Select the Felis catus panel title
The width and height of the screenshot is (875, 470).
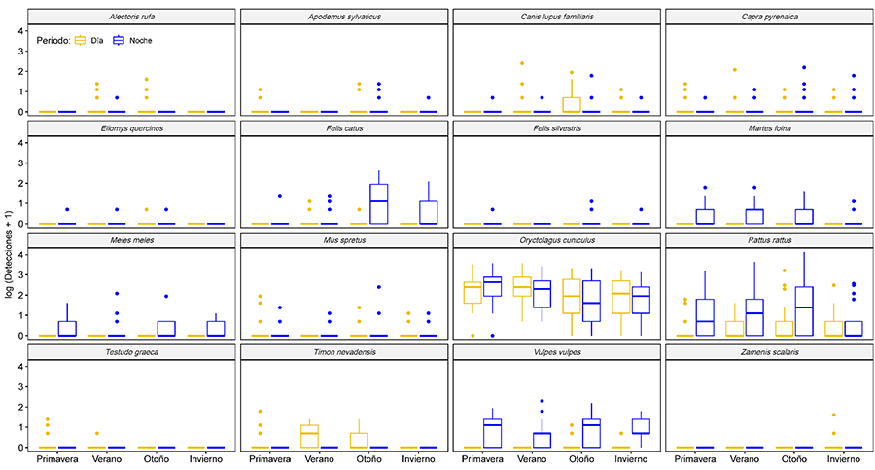(345, 128)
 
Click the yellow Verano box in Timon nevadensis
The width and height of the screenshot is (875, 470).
(310, 435)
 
